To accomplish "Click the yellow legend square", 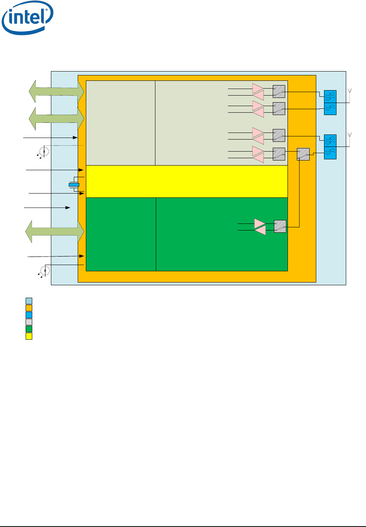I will (29, 336).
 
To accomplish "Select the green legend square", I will (29, 329).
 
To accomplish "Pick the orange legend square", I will (29, 308).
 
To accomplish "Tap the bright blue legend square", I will (29, 315).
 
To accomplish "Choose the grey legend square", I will (29, 322).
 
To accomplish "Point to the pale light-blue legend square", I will (29, 301).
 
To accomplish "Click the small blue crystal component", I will (74, 185).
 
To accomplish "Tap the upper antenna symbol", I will (350, 92).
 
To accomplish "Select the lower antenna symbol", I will (350, 135).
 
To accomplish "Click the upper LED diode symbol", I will (44, 152).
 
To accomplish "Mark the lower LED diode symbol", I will (45, 270).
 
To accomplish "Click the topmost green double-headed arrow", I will (57, 91).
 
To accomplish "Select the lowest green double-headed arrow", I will (55, 231).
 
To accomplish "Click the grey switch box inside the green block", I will (280, 227).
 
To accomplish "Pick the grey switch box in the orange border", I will (303, 154).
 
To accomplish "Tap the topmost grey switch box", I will (279, 91).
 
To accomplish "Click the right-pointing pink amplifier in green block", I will (260, 223).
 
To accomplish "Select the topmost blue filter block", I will (330, 96).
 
